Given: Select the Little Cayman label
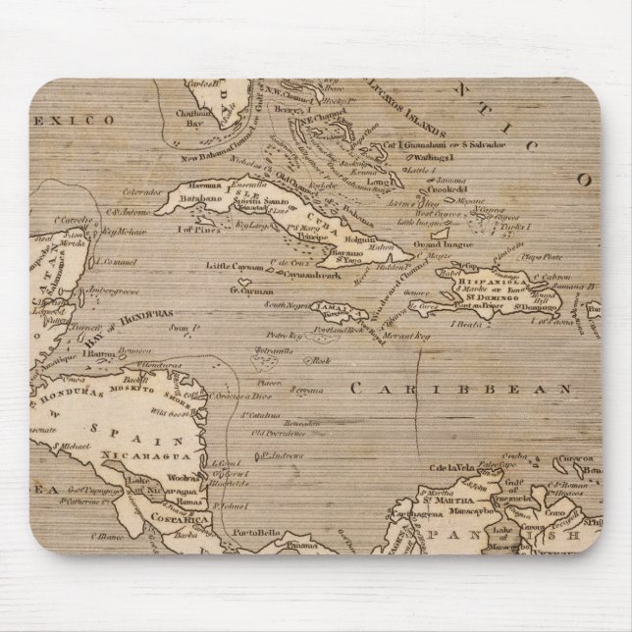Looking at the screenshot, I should [x=232, y=265].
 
